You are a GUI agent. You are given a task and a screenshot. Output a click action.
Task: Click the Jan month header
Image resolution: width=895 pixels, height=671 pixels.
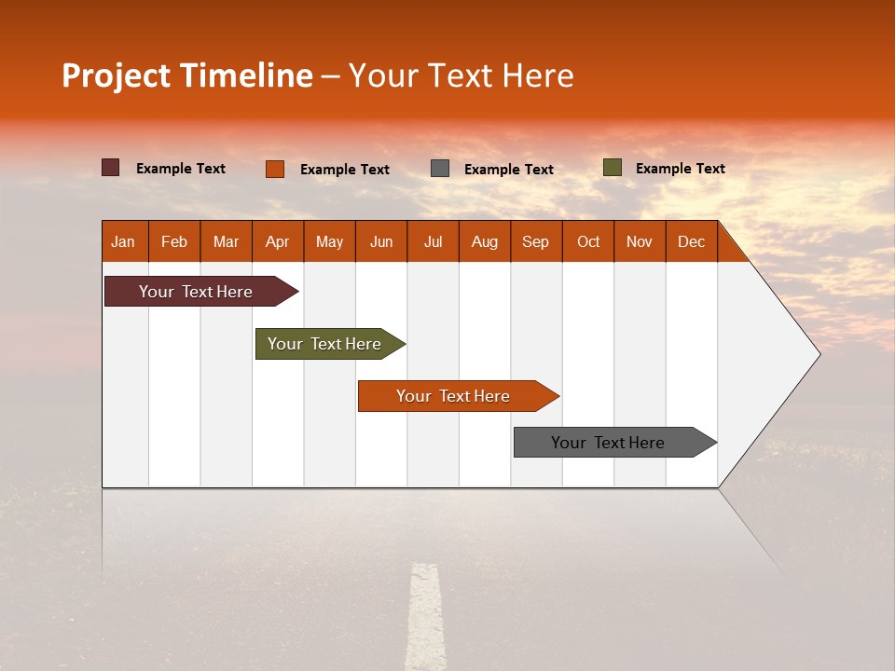pyautogui.click(x=124, y=241)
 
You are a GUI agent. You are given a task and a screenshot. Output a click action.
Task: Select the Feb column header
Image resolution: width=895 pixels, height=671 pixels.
pyautogui.click(x=174, y=241)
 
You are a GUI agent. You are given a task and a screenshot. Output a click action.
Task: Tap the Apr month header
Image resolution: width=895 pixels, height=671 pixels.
pyautogui.click(x=278, y=241)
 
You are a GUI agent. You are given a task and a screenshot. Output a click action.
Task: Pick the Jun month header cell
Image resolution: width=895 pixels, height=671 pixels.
pyautogui.click(x=381, y=241)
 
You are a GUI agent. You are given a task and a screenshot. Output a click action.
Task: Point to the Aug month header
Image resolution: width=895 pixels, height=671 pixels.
pyautogui.click(x=485, y=241)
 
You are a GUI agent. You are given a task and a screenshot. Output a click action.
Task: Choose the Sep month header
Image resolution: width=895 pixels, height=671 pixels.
pyautogui.click(x=536, y=241)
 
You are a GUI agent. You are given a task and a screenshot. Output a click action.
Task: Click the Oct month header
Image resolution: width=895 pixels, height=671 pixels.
pyautogui.click(x=588, y=241)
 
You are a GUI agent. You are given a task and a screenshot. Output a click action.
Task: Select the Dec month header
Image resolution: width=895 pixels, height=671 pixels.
pyautogui.click(x=692, y=241)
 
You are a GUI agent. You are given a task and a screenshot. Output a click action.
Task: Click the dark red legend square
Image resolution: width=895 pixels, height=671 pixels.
pyautogui.click(x=111, y=168)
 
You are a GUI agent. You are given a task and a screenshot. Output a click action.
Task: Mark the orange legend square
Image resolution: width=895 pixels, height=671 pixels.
pyautogui.click(x=275, y=169)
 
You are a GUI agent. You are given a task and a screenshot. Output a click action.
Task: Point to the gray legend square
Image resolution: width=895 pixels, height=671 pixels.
pyautogui.click(x=440, y=169)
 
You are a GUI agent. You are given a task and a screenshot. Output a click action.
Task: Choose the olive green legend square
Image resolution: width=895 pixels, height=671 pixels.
pyautogui.click(x=613, y=168)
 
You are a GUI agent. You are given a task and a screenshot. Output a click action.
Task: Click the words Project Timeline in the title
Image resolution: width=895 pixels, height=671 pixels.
pyautogui.click(x=187, y=75)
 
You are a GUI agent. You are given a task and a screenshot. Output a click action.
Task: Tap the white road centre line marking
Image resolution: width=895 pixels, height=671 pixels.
pyautogui.click(x=425, y=615)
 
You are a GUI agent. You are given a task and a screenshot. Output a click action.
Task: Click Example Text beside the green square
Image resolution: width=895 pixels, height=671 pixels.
pyautogui.click(x=681, y=169)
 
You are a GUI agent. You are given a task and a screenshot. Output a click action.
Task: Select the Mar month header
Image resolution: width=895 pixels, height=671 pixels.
pyautogui.click(x=227, y=241)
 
